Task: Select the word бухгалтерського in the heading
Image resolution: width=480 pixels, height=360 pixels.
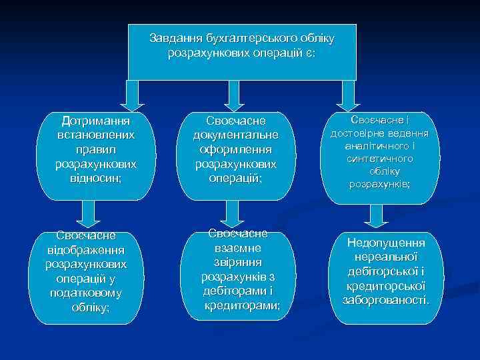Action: [243, 38]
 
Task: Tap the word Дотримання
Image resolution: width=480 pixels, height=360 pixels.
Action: [95, 121]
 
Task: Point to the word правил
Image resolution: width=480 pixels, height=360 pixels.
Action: [95, 149]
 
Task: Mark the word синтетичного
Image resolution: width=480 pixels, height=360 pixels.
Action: [379, 158]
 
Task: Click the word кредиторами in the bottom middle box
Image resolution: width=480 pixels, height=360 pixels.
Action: [241, 305]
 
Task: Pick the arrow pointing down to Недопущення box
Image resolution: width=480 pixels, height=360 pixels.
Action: [376, 215]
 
